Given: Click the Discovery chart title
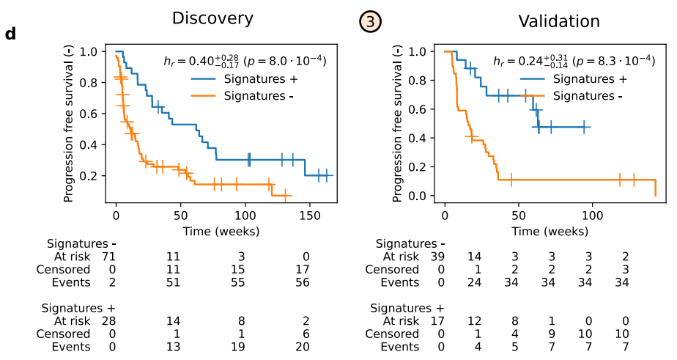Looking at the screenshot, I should (212, 18).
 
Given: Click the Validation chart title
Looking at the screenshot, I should (559, 21).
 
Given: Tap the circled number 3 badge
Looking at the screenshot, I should (369, 22).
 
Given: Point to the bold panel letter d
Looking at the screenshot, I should (10, 34).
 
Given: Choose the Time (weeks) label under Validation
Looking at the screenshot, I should (550, 231).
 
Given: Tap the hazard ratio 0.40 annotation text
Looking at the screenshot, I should (243, 60).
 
